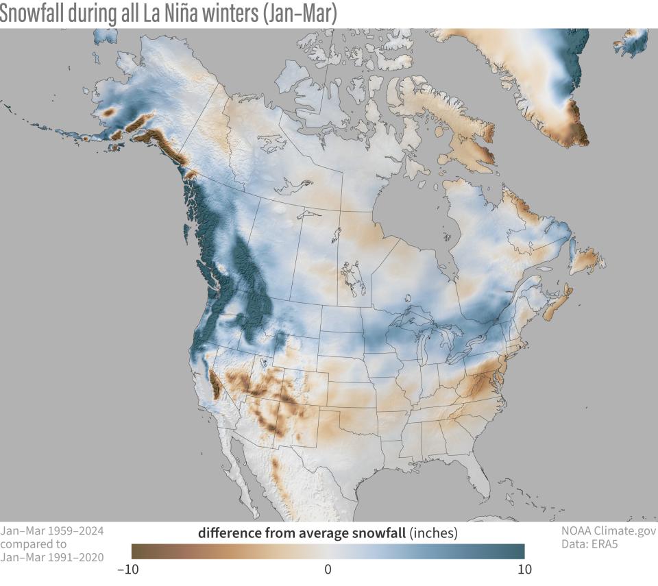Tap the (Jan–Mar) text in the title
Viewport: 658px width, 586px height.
click(x=299, y=14)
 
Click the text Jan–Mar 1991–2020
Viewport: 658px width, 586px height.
click(x=52, y=557)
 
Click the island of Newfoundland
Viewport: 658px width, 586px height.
click(x=587, y=260)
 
